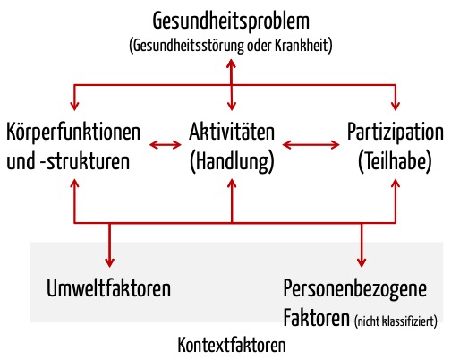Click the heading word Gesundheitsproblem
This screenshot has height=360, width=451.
pos(231,21)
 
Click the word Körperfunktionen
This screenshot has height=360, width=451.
pos(73,132)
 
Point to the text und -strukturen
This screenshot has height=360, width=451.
pos(68,161)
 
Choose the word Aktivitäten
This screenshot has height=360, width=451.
pos(232,132)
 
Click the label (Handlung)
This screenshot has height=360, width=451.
pos(232,161)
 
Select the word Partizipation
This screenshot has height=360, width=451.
pos(396,132)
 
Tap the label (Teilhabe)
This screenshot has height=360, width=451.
pos(395,161)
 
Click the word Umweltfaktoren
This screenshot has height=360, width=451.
pos(109,288)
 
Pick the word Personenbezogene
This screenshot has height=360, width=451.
pos(355,289)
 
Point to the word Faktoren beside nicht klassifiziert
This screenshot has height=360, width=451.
pos(317,318)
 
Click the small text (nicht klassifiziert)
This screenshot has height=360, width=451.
pos(396,321)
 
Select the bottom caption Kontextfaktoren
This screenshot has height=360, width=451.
pos(232,345)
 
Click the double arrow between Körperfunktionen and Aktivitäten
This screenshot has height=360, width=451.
pos(166,145)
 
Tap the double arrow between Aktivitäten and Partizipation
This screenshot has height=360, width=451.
pos(311,145)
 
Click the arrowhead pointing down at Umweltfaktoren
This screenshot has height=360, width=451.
pos(110,262)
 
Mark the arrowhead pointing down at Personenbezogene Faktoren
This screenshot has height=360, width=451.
pos(362,262)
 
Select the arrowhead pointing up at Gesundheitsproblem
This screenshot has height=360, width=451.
pos(232,64)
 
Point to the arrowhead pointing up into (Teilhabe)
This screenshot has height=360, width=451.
pos(396,184)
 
